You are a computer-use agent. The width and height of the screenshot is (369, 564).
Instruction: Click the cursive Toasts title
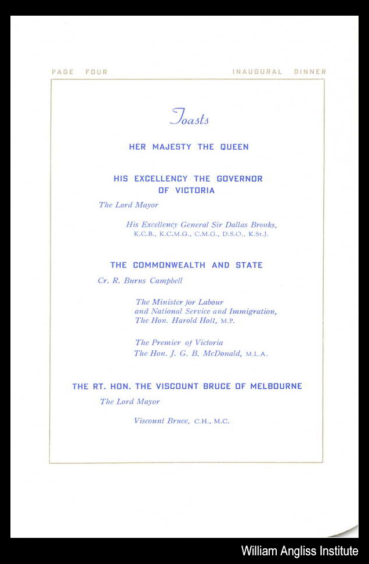189,118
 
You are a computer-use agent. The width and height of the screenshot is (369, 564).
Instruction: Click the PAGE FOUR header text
79,72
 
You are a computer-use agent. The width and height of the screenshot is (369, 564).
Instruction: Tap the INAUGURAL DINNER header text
279,72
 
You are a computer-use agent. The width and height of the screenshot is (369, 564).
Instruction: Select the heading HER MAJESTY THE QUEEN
189,147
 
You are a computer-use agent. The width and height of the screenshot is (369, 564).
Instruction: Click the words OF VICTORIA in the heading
186,190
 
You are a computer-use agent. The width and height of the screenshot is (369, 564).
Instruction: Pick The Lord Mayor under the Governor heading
128,205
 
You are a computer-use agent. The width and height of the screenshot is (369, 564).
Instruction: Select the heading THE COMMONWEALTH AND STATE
186,265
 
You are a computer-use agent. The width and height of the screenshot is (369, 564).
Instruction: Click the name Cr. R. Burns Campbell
140,281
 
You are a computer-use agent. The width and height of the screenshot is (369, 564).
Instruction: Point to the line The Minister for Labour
179,302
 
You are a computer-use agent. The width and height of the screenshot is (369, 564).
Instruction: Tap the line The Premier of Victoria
179,343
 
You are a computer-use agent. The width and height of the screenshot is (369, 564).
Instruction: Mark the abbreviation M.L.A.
256,354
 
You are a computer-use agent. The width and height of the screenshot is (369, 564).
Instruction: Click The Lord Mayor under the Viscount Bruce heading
129,402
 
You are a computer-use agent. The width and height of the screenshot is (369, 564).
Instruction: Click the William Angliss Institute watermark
299,551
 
